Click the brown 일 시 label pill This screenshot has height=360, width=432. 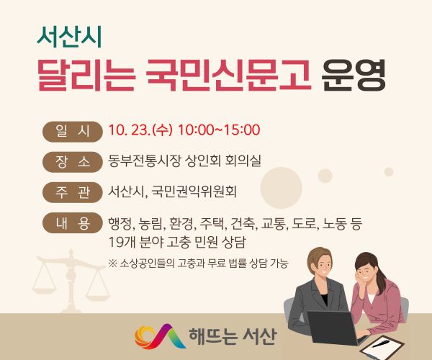tap(73, 131)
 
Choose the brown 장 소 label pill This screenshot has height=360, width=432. tap(73, 161)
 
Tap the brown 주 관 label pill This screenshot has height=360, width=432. tap(73, 192)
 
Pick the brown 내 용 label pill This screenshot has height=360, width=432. tap(73, 223)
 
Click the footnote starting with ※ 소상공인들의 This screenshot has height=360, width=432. tap(198, 264)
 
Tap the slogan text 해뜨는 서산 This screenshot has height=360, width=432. tap(231, 336)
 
